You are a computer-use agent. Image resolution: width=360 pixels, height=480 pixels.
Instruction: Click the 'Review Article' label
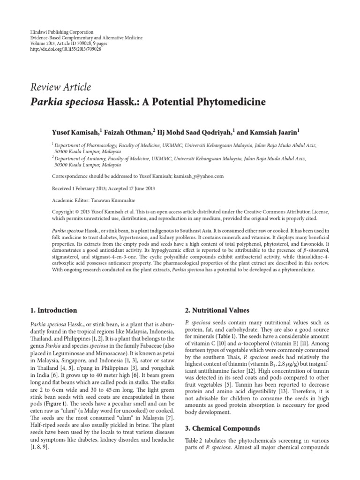[61, 87]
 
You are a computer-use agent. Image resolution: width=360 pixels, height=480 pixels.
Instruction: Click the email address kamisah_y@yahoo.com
[194, 176]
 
